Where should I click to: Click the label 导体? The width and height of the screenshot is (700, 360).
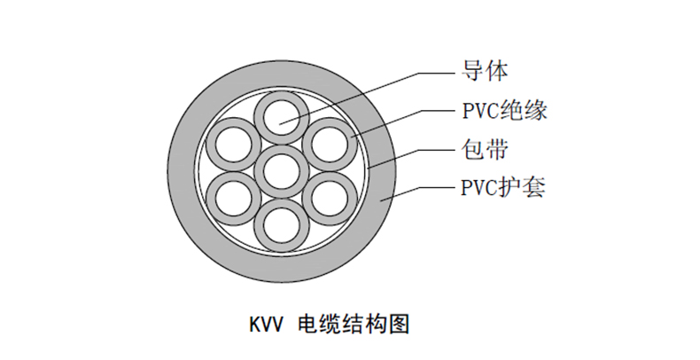[485, 70]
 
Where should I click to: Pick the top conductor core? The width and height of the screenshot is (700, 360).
[281, 116]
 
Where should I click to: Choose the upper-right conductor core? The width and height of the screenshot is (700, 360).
[328, 142]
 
